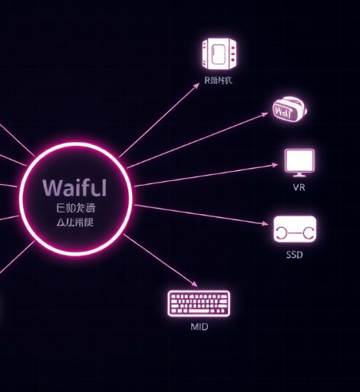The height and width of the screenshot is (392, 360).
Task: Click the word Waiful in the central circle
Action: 75,188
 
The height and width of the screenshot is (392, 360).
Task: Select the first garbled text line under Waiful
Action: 75,208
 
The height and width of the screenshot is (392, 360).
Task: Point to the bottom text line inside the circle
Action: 75,223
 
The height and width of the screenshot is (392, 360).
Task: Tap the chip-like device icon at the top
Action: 220,54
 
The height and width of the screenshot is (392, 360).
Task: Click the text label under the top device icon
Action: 219,80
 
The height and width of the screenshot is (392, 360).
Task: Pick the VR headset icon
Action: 289,110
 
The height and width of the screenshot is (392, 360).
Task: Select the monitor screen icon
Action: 299,162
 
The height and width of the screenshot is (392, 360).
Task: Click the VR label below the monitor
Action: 299,188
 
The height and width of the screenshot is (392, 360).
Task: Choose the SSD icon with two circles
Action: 295,229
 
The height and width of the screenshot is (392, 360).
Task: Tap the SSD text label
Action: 294,255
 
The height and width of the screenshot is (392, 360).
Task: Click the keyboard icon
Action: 199,304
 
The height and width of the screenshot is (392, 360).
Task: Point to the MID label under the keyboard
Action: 199,327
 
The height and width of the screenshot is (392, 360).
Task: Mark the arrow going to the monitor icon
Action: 207,175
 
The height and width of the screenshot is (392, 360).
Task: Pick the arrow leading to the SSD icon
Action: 203,214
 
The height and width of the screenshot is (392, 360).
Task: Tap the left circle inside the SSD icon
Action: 283,229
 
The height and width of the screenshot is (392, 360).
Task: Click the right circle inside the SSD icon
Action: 306,229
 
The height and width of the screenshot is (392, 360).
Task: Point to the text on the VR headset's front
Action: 284,113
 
